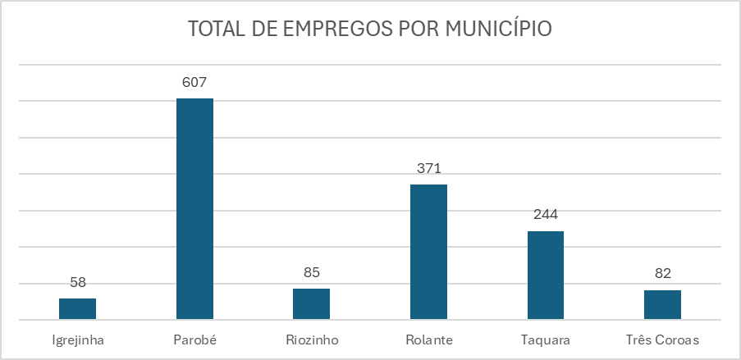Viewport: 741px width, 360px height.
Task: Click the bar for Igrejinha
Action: pyautogui.click(x=77, y=309)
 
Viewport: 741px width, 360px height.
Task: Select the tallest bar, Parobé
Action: pyautogui.click(x=194, y=209)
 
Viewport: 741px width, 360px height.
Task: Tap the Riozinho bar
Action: pyautogui.click(x=311, y=304)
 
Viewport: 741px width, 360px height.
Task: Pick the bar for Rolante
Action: pyautogui.click(x=428, y=252)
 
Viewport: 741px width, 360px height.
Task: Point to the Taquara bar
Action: pyautogui.click(x=545, y=276)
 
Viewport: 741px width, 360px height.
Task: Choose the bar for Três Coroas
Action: pyautogui.click(x=662, y=305)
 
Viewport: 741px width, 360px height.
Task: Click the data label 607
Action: pyautogui.click(x=194, y=83)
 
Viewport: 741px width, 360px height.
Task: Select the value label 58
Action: pyautogui.click(x=78, y=282)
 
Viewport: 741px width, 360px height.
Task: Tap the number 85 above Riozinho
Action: pyautogui.click(x=311, y=272)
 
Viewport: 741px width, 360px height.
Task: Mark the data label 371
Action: pyautogui.click(x=428, y=169)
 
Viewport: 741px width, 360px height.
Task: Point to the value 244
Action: pyautogui.click(x=545, y=216)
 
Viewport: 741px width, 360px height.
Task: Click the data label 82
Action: pyautogui.click(x=662, y=274)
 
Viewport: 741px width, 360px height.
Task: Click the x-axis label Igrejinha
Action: pyautogui.click(x=77, y=339)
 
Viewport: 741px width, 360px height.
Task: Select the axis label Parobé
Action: pyautogui.click(x=194, y=339)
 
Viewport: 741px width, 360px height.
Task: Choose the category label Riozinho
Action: pyautogui.click(x=311, y=339)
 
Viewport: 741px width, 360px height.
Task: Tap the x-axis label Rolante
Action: pyautogui.click(x=428, y=339)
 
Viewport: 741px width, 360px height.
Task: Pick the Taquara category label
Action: pyautogui.click(x=545, y=339)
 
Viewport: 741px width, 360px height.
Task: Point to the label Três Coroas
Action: pyautogui.click(x=662, y=339)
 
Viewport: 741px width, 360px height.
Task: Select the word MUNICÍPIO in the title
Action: pyautogui.click(x=498, y=29)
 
